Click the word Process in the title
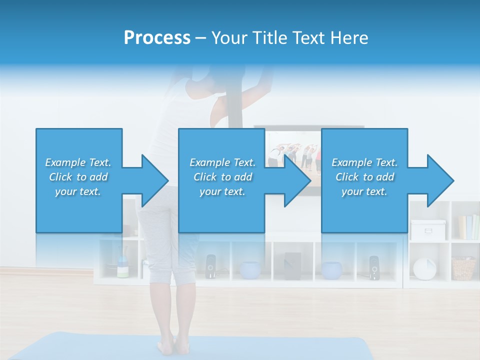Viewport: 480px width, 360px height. pos(157,38)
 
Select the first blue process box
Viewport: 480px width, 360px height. pos(79,180)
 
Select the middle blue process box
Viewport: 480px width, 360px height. pos(221,180)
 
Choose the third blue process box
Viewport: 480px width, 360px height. pos(364,180)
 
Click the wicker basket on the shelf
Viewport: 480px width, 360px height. pos(463,268)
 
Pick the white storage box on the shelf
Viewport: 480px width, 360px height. pos(428,229)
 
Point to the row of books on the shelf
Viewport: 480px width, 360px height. pos(468,227)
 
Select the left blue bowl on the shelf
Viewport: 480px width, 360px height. pos(249,270)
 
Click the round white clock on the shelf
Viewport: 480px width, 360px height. pos(424,269)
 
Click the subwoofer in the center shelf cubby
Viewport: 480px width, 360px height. pos(292,266)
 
